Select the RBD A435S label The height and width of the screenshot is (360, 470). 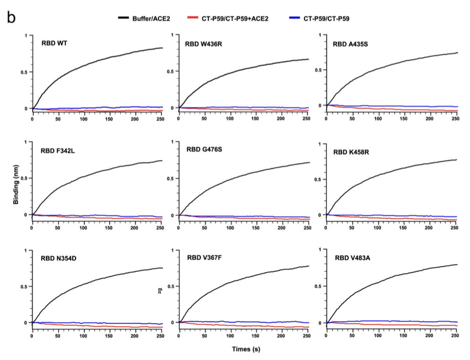[x=350, y=44]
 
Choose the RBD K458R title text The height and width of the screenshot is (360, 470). [x=352, y=152]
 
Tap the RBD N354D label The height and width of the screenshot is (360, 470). [x=58, y=258]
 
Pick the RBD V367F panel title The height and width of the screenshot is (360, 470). [x=205, y=257]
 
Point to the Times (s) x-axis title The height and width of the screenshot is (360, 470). [x=246, y=349]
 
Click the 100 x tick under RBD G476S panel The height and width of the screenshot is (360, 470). [x=230, y=228]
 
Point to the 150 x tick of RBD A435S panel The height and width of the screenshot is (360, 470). [x=404, y=118]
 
